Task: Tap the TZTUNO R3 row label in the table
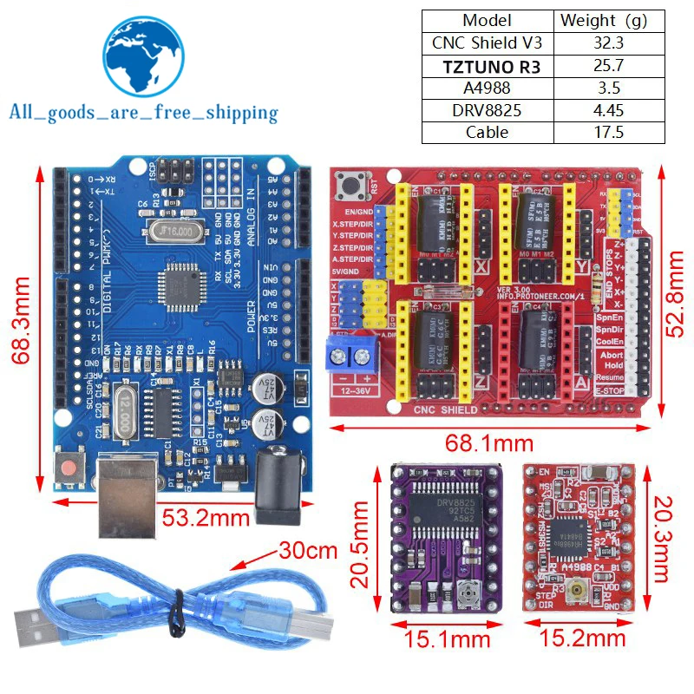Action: pyautogui.click(x=486, y=65)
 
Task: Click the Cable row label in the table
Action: pyautogui.click(x=486, y=133)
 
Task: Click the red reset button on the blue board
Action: pyautogui.click(x=69, y=468)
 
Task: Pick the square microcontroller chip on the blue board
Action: pyautogui.click(x=179, y=285)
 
